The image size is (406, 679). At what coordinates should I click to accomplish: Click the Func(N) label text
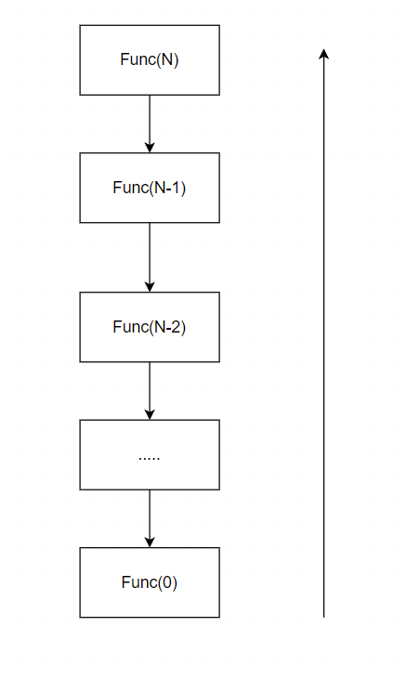coord(150,59)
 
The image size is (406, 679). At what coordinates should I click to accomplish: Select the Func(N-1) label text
coord(150,188)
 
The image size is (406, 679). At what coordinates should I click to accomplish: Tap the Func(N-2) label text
coord(150,327)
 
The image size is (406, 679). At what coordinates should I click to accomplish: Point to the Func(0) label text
coord(150,582)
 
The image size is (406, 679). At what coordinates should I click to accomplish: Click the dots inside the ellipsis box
coord(149,459)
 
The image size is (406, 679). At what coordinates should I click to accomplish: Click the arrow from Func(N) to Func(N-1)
coord(150,124)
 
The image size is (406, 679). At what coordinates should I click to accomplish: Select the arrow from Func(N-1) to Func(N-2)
coord(150,257)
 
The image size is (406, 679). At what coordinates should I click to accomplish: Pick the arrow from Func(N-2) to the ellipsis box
coord(150,391)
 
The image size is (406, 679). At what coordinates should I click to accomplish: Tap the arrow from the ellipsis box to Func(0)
coord(150,519)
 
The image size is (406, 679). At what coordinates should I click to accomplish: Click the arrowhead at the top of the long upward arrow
coord(323,53)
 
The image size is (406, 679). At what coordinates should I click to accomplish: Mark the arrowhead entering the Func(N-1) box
coord(150,148)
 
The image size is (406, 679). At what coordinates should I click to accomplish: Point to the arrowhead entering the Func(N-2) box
coord(150,287)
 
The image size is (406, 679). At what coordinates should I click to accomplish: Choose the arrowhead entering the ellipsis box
coord(150,415)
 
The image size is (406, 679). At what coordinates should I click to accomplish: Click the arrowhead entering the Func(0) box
coord(150,542)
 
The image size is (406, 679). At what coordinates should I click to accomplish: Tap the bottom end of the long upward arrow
coord(323,617)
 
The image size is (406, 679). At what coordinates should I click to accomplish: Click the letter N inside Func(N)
coord(167,59)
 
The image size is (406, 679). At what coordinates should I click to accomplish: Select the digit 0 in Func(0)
coord(167,582)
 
